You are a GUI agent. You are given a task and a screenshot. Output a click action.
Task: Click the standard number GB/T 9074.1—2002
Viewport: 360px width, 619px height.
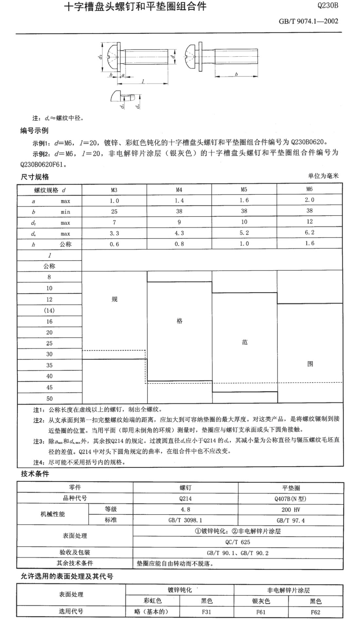308,22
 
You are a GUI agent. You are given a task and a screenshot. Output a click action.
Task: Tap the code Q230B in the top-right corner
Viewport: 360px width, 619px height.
328,6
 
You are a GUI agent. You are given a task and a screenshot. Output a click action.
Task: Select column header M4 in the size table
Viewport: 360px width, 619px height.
179,190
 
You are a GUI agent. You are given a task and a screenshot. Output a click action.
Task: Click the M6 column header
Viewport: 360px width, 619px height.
309,189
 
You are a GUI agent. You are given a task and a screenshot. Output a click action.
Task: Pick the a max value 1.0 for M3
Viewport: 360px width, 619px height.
114,201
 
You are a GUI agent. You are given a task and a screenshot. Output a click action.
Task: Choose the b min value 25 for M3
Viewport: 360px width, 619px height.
114,212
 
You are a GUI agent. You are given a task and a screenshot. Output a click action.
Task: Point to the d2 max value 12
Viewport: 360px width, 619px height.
309,222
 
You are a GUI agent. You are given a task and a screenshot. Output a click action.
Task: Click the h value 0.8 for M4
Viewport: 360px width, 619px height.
179,244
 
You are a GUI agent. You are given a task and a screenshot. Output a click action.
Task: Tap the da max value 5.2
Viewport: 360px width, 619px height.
244,233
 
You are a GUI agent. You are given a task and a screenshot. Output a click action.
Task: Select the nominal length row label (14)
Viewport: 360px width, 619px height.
49,310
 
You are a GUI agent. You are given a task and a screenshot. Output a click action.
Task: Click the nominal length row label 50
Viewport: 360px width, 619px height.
49,398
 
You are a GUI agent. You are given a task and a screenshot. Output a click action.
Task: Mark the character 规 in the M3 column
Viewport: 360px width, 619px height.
114,299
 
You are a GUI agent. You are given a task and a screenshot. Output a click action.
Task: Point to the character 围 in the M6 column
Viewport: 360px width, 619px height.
310,364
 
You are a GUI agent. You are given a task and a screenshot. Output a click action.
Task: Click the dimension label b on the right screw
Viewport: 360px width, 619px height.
236,74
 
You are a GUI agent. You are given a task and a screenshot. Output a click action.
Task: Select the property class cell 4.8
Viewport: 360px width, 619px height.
185,509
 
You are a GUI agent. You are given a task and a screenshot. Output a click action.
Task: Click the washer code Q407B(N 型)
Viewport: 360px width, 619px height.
291,499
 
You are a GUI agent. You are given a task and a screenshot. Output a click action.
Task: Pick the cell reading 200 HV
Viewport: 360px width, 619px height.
291,510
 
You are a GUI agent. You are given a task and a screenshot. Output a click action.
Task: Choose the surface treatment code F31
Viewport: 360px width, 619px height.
207,612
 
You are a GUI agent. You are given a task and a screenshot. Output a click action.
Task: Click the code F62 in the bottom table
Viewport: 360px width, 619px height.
315,612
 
